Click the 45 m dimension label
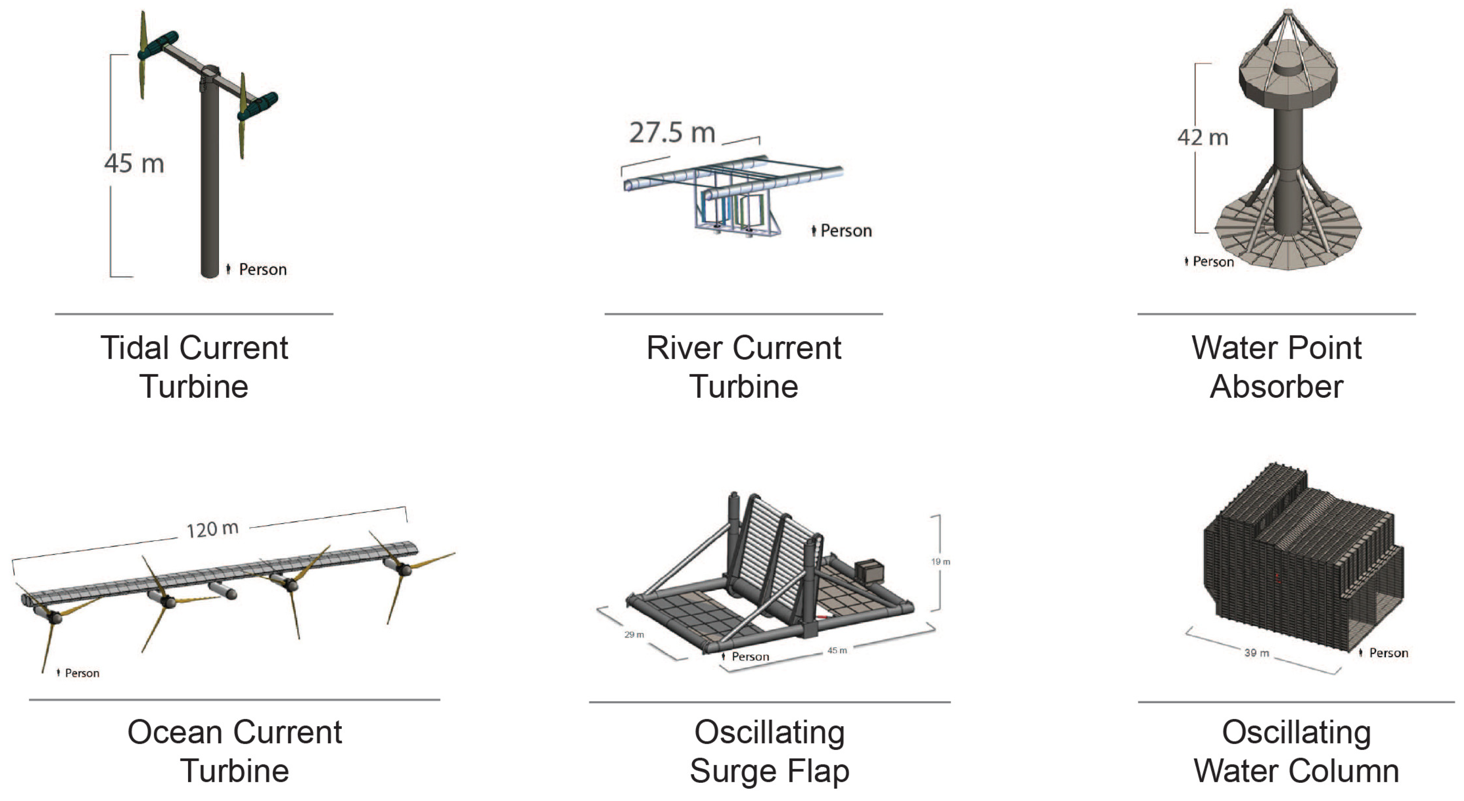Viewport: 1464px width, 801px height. click(x=134, y=164)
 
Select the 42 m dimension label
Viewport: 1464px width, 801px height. click(x=1202, y=137)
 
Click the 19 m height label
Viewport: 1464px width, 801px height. click(x=940, y=562)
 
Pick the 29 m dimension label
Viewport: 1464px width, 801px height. click(x=634, y=635)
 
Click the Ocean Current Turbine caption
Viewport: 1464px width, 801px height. click(x=234, y=751)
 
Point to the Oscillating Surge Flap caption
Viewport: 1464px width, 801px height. click(x=770, y=751)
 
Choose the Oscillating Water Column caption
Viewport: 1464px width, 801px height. click(x=1296, y=751)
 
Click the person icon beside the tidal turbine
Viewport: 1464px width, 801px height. click(x=228, y=269)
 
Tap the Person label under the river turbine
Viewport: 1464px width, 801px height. click(x=845, y=230)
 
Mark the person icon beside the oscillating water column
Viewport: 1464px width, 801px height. click(x=1361, y=653)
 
